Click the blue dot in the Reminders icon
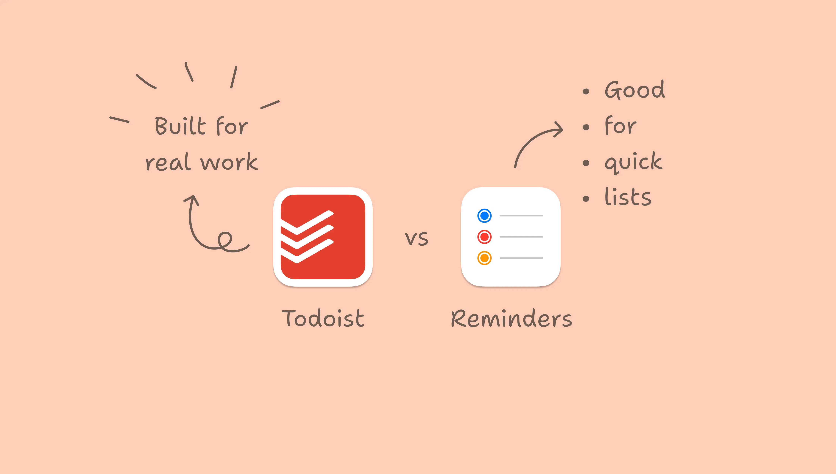484,216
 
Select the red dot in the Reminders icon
484,237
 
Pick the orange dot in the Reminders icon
484,258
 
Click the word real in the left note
168,162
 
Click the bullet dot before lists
586,199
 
